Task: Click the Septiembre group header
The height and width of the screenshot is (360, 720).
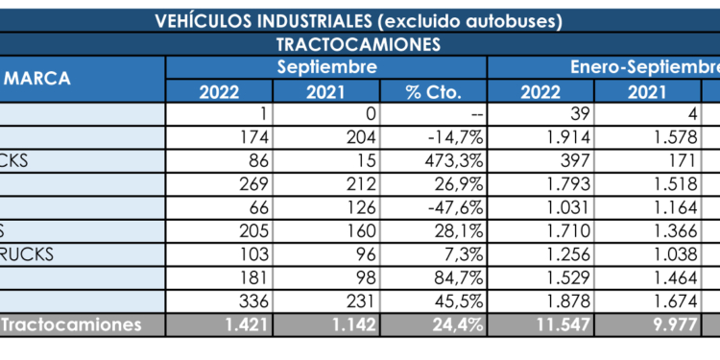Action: (326, 67)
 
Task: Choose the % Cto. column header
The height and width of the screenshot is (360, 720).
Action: (434, 92)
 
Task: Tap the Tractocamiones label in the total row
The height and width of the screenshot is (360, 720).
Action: (71, 325)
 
